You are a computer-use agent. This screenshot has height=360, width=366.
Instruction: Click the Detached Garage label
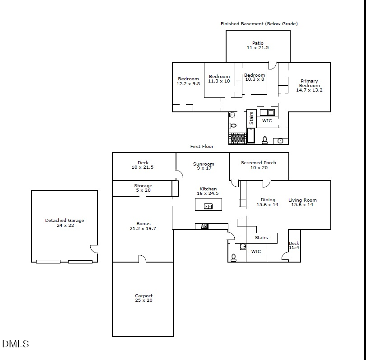(x=65, y=223)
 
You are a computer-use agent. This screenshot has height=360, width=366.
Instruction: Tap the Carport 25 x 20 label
(x=144, y=298)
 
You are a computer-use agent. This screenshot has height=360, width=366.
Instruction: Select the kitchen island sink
(x=208, y=206)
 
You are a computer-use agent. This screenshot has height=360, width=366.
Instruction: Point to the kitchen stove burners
(x=204, y=226)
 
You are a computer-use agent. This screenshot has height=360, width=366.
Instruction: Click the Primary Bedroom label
(x=309, y=86)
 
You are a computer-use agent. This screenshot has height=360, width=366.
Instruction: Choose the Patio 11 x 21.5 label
(x=258, y=46)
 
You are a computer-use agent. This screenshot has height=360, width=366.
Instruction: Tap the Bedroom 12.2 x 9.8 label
(x=188, y=81)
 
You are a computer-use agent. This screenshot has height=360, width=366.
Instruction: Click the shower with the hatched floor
(x=237, y=138)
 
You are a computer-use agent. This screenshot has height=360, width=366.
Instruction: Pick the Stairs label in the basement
(x=251, y=118)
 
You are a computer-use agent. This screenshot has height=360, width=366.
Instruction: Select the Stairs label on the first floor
(x=261, y=238)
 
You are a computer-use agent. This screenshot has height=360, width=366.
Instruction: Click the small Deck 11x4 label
(x=294, y=245)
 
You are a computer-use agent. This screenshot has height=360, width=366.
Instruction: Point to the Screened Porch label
(x=259, y=165)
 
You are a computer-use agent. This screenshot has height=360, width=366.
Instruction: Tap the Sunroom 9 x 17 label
(x=204, y=166)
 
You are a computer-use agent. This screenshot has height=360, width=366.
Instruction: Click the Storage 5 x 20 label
(x=143, y=188)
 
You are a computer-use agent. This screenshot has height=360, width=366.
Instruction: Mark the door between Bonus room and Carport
(x=142, y=259)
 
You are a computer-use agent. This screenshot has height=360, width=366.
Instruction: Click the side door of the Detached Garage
(x=94, y=249)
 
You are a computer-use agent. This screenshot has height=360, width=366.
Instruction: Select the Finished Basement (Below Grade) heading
(x=259, y=23)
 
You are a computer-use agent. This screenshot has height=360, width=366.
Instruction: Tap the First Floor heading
(x=202, y=147)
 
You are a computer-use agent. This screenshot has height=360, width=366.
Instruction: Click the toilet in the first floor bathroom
(x=233, y=257)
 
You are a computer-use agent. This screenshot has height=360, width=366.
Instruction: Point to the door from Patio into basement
(x=272, y=66)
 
